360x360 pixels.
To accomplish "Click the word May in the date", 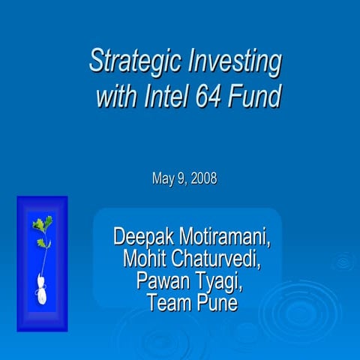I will point(163,179).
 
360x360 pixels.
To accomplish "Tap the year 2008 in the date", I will point(203,179).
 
